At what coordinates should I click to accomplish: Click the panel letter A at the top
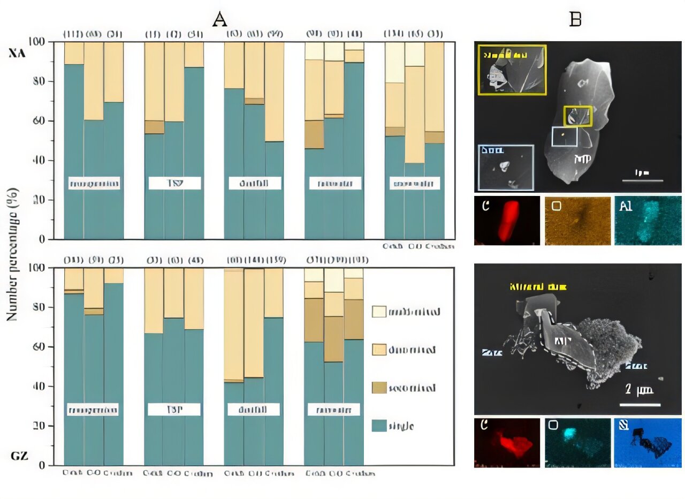220,19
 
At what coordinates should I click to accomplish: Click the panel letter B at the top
575,19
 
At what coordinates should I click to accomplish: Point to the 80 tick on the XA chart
41,81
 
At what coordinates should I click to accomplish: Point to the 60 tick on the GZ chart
41,347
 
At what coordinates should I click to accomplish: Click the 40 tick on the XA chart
41,161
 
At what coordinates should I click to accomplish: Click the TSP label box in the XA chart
174,184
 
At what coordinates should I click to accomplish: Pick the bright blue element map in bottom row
648,443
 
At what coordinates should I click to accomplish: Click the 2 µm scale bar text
640,390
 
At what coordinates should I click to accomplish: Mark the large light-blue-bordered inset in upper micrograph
506,167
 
